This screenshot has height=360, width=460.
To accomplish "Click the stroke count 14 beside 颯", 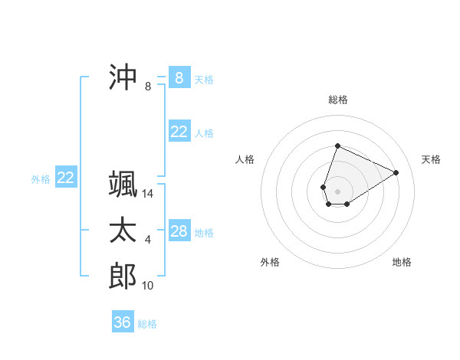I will click(x=148, y=194).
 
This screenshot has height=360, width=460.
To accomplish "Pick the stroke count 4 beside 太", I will click(x=148, y=240).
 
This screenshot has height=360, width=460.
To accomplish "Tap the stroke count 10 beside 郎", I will click(x=148, y=286).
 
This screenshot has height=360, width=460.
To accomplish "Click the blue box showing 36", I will click(x=123, y=322).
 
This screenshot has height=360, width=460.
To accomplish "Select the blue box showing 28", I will click(x=179, y=231).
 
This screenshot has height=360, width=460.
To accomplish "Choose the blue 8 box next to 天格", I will click(x=179, y=78).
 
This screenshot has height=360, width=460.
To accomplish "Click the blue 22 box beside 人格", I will click(x=179, y=132).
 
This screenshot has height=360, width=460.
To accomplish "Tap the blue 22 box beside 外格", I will click(x=66, y=178).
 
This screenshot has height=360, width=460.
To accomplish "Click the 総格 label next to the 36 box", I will click(x=147, y=324).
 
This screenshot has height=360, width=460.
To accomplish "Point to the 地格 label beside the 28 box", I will click(x=204, y=233).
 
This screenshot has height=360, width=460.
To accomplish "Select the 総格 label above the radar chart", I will click(x=338, y=100).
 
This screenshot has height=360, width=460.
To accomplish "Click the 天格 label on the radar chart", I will click(x=432, y=159).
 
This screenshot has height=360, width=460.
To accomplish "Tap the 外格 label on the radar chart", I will click(x=270, y=262).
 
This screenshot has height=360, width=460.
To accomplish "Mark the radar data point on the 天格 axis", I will click(x=396, y=172).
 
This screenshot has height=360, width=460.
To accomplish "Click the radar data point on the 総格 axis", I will click(x=337, y=146).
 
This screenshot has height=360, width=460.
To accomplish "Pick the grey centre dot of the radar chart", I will click(x=337, y=191).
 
